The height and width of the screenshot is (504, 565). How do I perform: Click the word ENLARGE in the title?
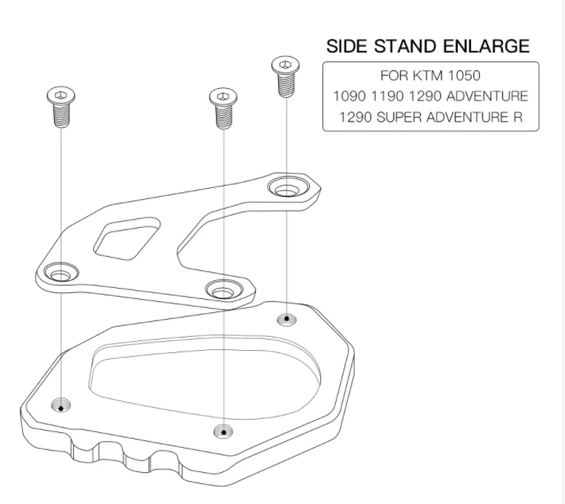click(x=486, y=46)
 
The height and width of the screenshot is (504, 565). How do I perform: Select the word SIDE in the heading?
click(x=347, y=46)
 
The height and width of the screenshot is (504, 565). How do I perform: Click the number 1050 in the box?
click(x=464, y=75)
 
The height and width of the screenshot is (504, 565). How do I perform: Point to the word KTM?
click(x=427, y=75)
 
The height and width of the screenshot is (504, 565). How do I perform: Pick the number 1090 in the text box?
click(x=349, y=96)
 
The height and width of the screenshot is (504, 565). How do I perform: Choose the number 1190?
click(x=388, y=96)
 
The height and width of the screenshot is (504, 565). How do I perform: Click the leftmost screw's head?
click(x=61, y=95)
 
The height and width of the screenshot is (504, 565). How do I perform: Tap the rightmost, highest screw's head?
click(x=285, y=65)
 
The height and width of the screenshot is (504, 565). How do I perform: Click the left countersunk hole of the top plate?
click(x=61, y=272)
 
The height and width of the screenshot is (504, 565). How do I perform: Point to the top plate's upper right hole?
click(x=288, y=187)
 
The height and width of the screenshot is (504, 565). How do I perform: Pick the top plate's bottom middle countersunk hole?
click(x=224, y=289)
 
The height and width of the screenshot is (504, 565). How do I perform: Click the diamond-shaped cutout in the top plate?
click(x=126, y=238)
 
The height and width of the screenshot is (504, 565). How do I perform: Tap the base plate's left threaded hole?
click(x=61, y=406)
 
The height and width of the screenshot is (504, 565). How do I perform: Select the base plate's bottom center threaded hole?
click(x=223, y=431)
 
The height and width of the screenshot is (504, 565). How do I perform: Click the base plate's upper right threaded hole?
click(x=287, y=320)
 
